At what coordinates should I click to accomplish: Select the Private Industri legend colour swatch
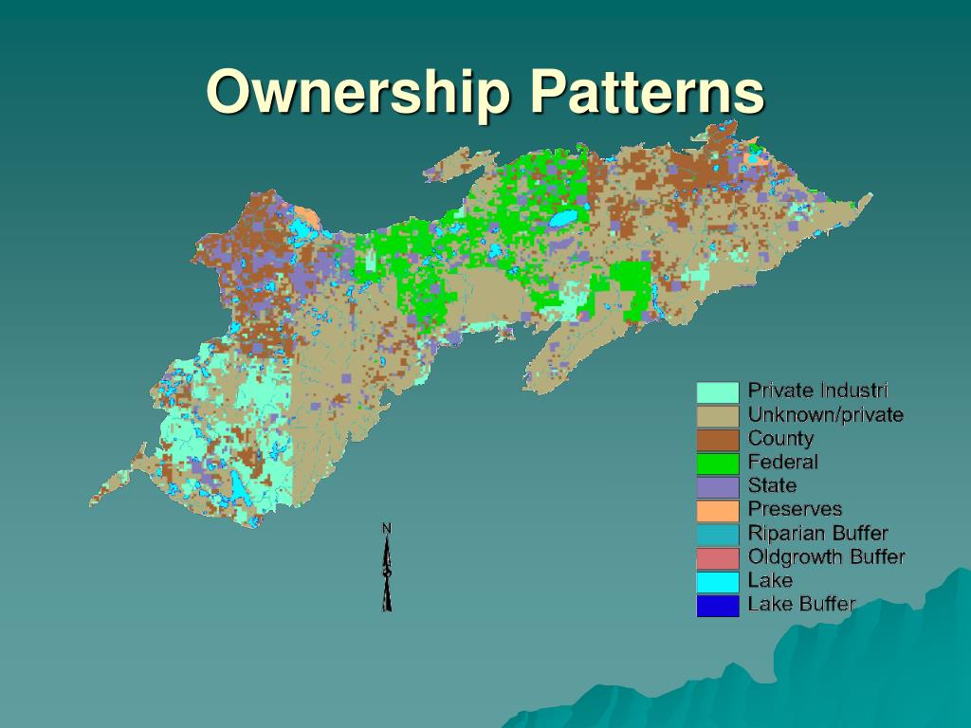[718, 391]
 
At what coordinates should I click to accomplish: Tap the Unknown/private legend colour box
[718, 415]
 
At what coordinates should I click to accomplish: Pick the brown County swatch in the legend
[718, 439]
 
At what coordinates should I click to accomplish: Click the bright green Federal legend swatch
[718, 463]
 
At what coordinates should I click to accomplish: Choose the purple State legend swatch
[718, 486]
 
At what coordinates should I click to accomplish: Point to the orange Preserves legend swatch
[718, 510]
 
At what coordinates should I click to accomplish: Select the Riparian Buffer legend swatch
[718, 534]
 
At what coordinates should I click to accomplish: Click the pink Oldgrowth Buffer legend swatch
[718, 557]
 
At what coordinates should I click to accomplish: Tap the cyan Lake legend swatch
[718, 581]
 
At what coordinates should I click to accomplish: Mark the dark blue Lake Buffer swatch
[718, 605]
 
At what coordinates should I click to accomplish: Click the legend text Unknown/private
[825, 414]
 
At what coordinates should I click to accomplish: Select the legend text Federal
[782, 462]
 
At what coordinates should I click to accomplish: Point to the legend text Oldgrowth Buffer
[826, 556]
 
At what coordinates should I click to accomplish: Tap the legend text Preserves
[795, 509]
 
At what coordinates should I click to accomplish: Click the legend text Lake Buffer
[801, 604]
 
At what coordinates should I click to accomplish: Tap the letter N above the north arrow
[387, 527]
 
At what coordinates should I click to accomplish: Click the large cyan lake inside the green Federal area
[563, 219]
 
